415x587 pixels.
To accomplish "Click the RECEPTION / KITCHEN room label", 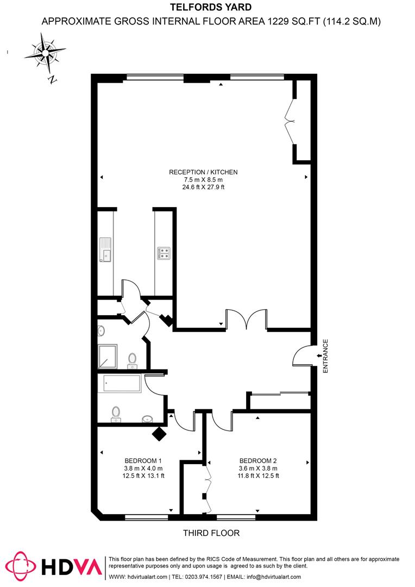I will [203, 172].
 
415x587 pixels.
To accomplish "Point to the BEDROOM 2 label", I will [258, 458].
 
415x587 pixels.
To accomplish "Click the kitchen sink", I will [105, 250].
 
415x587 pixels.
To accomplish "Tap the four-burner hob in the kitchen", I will [164, 253].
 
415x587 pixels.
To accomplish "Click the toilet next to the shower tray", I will [132, 360].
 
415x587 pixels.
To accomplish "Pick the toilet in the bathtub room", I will [115, 414].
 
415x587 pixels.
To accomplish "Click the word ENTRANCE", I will [326, 356].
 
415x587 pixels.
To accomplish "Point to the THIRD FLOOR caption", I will [211, 533].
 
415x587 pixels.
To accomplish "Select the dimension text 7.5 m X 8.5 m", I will [203, 180].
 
